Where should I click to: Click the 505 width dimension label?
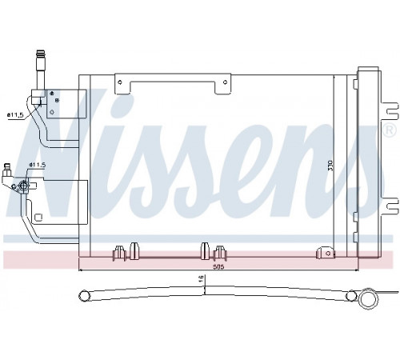point(218,266)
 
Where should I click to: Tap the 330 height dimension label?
point(330,166)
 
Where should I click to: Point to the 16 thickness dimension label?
point(202,278)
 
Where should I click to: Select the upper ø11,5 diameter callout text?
point(15,115)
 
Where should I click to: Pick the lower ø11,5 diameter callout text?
point(37,165)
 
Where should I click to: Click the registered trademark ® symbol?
point(390,130)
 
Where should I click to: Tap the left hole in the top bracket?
point(120,82)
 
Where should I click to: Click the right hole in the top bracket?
point(225,82)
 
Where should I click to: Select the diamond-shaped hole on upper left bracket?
point(52,112)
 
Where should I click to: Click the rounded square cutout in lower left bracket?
point(38,218)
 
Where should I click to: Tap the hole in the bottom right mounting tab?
point(328,253)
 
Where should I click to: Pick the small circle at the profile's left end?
point(84,296)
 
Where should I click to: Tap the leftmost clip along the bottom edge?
point(119,253)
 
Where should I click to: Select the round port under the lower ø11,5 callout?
point(23,185)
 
